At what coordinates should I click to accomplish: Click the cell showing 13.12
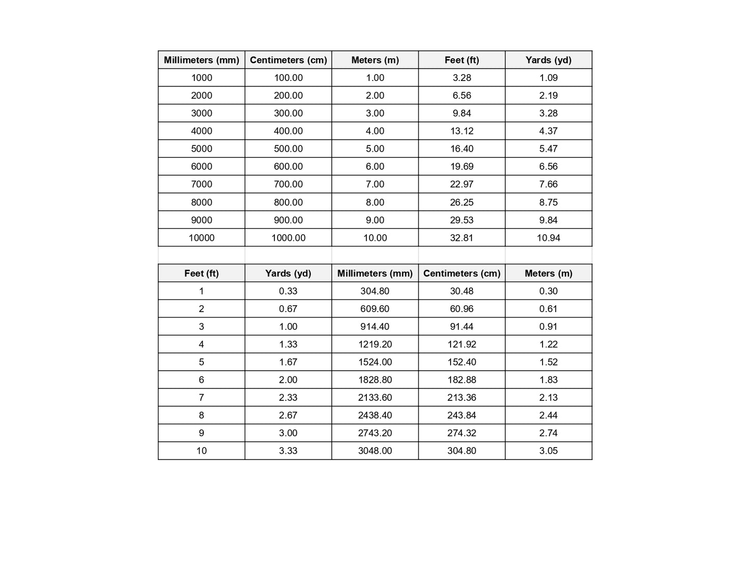tap(462, 131)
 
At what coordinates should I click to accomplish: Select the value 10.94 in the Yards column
tap(548, 238)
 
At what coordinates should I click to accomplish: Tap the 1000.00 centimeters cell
tap(288, 238)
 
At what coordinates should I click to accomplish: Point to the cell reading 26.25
tap(462, 202)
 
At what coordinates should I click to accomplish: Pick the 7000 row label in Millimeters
tap(202, 184)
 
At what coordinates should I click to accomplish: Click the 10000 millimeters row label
tap(202, 238)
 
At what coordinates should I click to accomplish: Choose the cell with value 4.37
tap(548, 131)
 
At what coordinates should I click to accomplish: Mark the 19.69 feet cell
tap(462, 167)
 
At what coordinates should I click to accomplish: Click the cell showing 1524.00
tap(375, 362)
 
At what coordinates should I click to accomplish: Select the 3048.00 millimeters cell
tap(375, 451)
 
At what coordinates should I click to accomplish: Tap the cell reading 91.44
tap(462, 327)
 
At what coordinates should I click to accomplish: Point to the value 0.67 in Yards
tap(288, 309)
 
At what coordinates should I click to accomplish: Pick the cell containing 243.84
tap(462, 415)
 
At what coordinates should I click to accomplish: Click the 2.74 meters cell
tap(548, 433)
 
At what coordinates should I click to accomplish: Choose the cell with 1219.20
tap(375, 344)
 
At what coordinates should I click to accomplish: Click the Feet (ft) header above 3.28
tap(462, 60)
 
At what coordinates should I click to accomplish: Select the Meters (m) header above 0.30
tap(548, 274)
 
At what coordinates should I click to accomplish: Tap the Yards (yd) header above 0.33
tap(288, 274)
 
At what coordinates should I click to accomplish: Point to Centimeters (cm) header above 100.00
tap(288, 60)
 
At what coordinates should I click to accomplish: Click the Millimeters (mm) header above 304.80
tap(375, 274)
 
